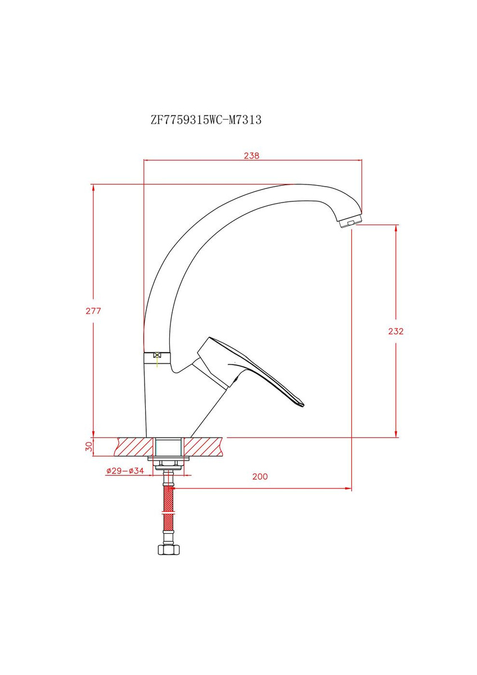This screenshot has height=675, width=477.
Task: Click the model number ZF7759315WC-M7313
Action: point(206,120)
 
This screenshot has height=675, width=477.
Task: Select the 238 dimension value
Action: point(251,155)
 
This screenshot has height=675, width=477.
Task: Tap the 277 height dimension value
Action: point(93,310)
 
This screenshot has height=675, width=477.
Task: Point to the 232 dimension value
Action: point(395,331)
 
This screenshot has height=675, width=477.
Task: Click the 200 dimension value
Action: point(260,476)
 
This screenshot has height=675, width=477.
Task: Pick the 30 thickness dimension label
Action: point(89,446)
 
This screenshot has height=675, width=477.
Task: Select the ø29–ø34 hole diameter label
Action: point(125,471)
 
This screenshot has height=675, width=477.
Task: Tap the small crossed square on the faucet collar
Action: point(157,355)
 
